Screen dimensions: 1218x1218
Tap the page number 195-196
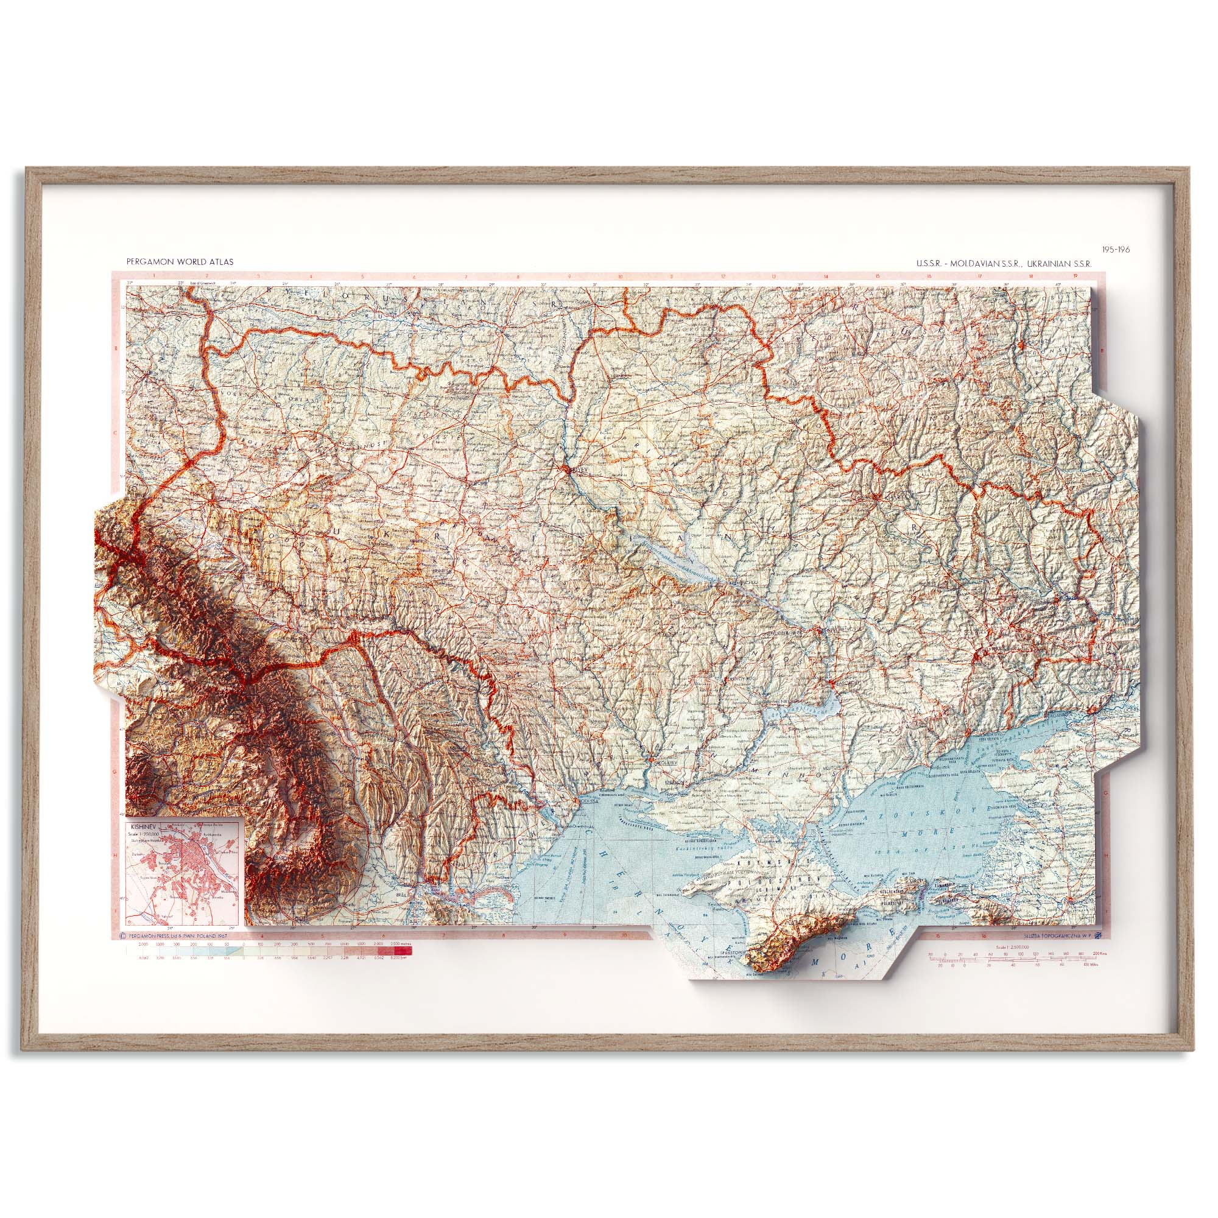pos(1116,250)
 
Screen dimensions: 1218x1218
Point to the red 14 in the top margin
pos(826,276)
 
